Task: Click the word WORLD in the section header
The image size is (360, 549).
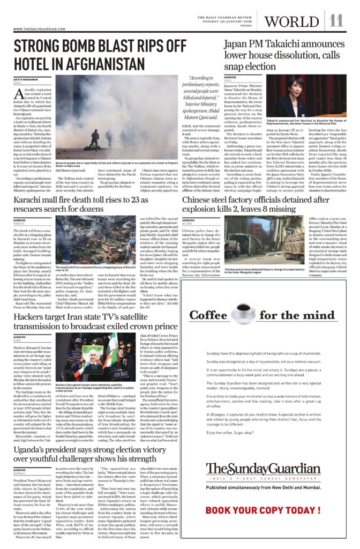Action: point(291,21)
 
